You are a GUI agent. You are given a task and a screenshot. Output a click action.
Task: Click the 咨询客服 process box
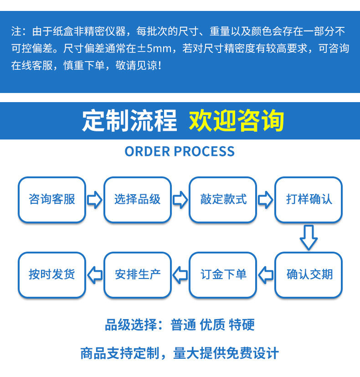(51, 200)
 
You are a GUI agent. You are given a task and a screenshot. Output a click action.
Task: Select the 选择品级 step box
(137, 200)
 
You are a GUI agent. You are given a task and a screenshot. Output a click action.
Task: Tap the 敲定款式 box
(223, 200)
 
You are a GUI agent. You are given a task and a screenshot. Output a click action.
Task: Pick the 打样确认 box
(309, 200)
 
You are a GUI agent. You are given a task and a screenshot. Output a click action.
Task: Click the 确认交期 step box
(309, 274)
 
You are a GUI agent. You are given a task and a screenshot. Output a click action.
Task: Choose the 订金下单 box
(223, 274)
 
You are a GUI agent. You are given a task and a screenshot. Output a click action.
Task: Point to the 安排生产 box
(137, 274)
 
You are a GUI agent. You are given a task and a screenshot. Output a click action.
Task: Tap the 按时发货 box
(51, 274)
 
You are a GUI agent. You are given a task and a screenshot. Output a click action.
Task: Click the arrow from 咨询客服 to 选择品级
(94, 200)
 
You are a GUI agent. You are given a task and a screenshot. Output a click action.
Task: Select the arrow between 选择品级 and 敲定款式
(180, 200)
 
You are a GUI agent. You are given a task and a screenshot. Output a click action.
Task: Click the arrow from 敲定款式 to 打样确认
(266, 200)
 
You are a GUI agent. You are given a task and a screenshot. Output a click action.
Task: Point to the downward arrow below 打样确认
(309, 237)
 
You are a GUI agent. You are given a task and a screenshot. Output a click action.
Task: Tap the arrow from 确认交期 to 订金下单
(266, 274)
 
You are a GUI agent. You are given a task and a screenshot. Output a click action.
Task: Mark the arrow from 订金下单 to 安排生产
(180, 274)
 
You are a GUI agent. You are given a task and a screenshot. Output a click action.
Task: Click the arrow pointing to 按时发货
(94, 274)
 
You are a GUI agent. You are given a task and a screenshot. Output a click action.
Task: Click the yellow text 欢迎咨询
(237, 120)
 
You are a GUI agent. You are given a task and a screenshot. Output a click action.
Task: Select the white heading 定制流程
(129, 120)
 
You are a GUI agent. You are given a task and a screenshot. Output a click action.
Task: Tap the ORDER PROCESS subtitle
(180, 151)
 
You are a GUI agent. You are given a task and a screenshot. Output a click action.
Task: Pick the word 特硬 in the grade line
(242, 325)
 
